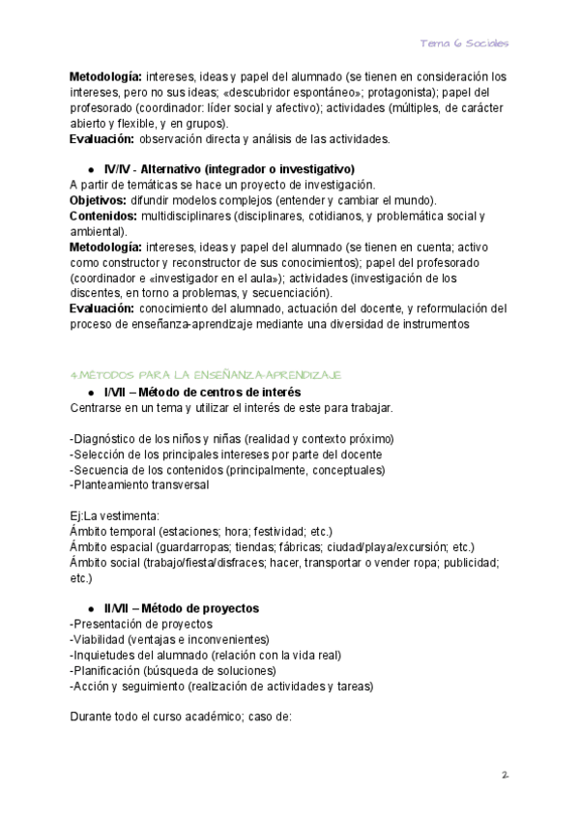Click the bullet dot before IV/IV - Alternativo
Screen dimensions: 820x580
pyautogui.click(x=90, y=168)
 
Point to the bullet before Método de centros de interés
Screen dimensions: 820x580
pyautogui.click(x=90, y=392)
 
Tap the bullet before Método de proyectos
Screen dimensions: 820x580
pyautogui.click(x=90, y=608)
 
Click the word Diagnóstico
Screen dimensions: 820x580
pyautogui.click(x=106, y=438)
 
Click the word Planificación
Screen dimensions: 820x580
pyautogui.click(x=106, y=671)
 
